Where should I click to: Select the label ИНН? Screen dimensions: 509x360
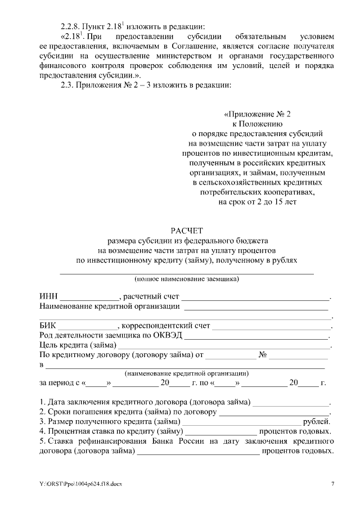[49, 296]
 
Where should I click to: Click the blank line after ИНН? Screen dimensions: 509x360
[89, 298]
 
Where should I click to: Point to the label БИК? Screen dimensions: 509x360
[48, 326]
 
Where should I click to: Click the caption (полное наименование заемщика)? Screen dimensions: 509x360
[186, 278]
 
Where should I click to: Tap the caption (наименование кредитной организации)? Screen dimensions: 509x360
[186, 373]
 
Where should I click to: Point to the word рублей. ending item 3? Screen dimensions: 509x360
[317, 421]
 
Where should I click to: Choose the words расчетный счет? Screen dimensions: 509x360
[150, 296]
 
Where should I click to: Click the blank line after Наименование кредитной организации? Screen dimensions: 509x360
[256, 307]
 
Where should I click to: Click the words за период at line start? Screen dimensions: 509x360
[56, 383]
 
